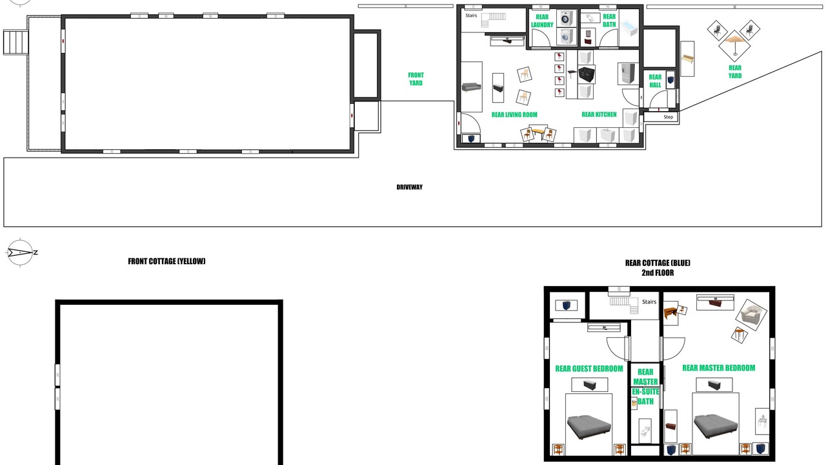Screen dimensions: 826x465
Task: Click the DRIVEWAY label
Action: [x=409, y=187]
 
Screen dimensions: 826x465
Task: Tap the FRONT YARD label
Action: [x=416, y=79]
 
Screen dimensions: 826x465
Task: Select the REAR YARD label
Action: [x=734, y=72]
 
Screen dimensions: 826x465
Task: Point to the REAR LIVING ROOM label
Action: [x=514, y=115]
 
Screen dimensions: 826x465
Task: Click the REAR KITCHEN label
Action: [x=599, y=114]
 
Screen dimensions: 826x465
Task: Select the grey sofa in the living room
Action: [x=472, y=87]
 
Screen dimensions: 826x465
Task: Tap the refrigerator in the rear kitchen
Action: [x=628, y=74]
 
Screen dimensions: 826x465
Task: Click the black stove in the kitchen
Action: [x=587, y=74]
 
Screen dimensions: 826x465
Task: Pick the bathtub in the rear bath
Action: [x=629, y=28]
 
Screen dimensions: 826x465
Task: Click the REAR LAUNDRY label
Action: [x=541, y=21]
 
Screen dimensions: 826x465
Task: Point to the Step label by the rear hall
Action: [x=668, y=117]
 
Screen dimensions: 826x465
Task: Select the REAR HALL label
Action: [x=655, y=81]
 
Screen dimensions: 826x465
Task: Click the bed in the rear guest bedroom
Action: [x=589, y=426]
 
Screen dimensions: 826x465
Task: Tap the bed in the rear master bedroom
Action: [x=716, y=426]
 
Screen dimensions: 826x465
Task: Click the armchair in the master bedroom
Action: [x=751, y=315]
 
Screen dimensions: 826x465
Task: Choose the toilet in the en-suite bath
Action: [x=645, y=431]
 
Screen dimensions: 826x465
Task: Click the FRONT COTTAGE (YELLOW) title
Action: [x=166, y=262]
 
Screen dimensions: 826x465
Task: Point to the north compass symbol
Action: [x=21, y=253]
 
